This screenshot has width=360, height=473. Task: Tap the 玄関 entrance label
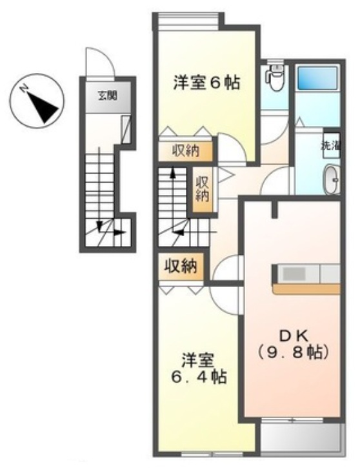coord(107,97)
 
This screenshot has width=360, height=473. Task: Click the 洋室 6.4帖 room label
coord(198,368)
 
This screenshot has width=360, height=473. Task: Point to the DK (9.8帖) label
coord(294,344)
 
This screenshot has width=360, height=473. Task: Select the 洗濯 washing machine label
coord(330,145)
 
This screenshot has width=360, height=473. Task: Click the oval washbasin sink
coord(331,179)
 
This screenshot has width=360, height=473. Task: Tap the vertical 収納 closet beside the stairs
coord(202,188)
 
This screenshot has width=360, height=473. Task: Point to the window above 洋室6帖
coord(187,23)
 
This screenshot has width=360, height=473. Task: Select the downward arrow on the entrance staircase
coord(99,225)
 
